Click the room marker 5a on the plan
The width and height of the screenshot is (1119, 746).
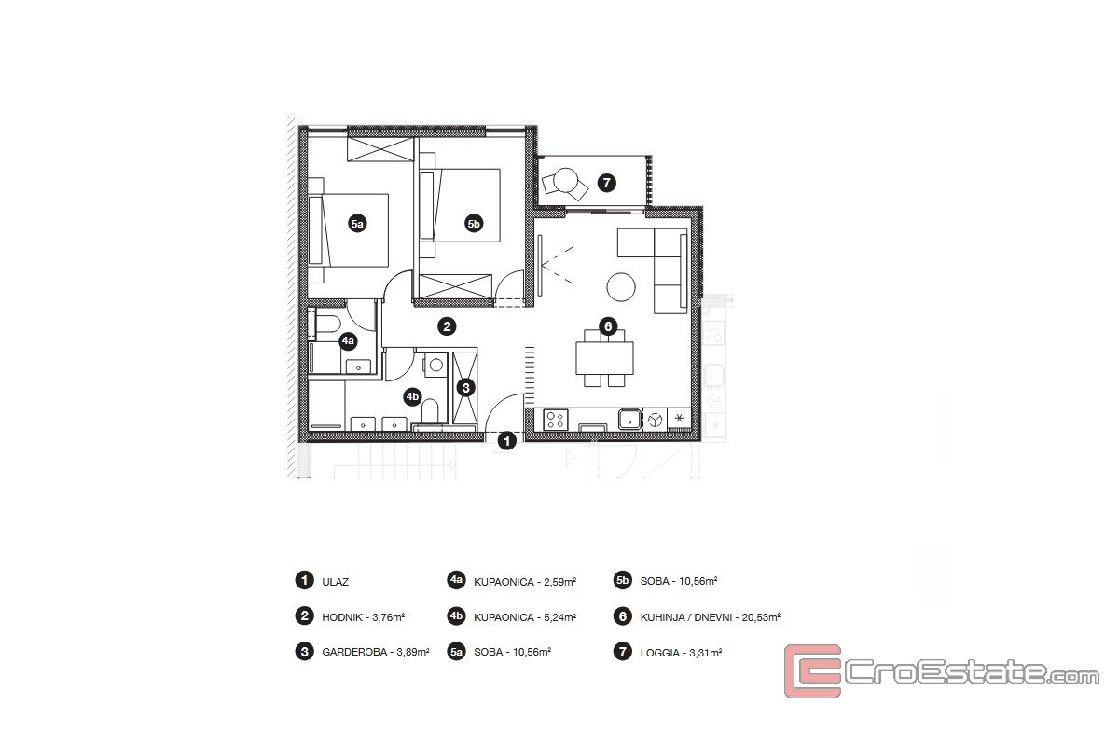[357, 224]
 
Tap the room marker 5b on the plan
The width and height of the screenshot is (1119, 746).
[474, 224]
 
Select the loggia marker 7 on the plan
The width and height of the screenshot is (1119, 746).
[607, 183]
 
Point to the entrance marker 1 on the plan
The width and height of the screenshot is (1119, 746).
[507, 441]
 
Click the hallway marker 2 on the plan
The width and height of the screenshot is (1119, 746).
[447, 326]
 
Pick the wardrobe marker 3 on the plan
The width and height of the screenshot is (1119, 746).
[465, 387]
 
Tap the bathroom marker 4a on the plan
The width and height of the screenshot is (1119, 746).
[348, 341]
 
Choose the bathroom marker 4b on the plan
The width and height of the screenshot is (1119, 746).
[412, 396]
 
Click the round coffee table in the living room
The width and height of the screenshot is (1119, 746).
[621, 287]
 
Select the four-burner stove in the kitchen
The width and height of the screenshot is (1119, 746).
[556, 420]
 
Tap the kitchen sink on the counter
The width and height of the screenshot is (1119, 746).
[630, 420]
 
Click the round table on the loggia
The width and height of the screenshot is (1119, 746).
[566, 180]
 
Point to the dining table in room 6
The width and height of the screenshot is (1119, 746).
[604, 358]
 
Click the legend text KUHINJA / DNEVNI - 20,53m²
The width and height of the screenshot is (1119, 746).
[711, 617]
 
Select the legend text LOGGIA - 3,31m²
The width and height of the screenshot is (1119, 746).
[681, 653]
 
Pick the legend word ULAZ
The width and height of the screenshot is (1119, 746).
[335, 582]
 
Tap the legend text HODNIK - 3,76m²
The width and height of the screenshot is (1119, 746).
[363, 617]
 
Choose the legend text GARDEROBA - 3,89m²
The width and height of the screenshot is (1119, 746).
[376, 652]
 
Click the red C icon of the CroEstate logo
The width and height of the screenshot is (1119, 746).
[813, 671]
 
